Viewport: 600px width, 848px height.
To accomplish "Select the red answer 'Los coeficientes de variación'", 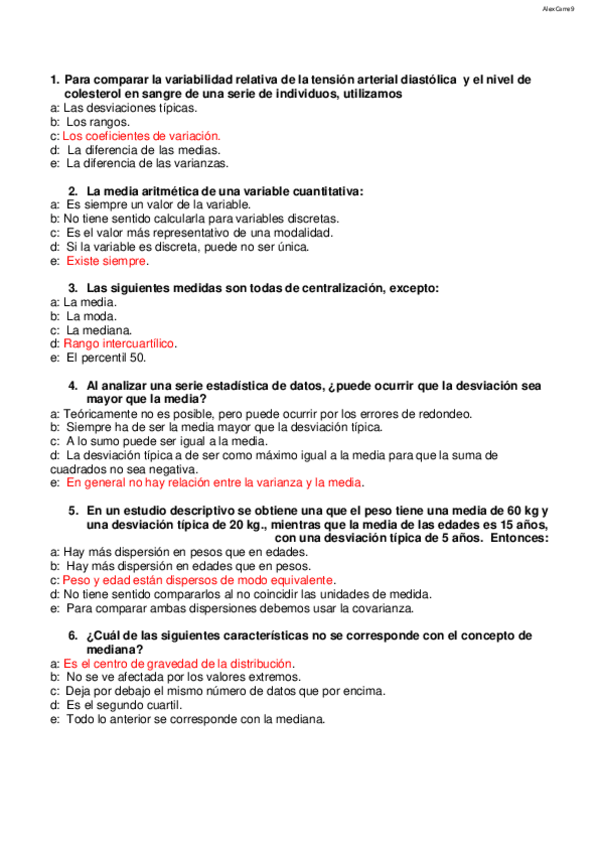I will (x=141, y=135).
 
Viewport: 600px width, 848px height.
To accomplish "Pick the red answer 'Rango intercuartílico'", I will (x=119, y=343).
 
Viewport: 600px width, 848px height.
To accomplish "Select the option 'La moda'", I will (x=92, y=315).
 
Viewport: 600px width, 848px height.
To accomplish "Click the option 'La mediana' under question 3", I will (x=100, y=329).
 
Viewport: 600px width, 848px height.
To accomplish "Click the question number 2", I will (x=73, y=190).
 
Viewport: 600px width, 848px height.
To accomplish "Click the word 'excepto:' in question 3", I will (x=413, y=288).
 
